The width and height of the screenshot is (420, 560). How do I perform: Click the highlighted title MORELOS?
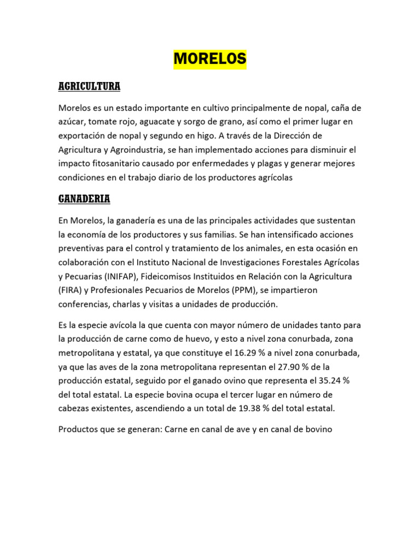pyautogui.click(x=210, y=59)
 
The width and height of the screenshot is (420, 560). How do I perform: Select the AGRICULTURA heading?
pyautogui.click(x=89, y=87)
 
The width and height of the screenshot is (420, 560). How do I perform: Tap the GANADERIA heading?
pyautogui.click(x=84, y=199)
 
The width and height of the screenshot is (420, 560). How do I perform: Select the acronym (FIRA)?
pyautogui.click(x=71, y=290)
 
